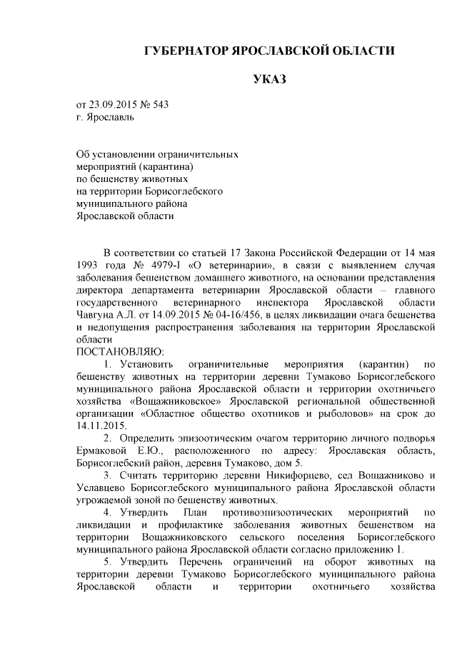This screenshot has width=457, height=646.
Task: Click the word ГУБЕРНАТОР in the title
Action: tap(184, 51)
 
